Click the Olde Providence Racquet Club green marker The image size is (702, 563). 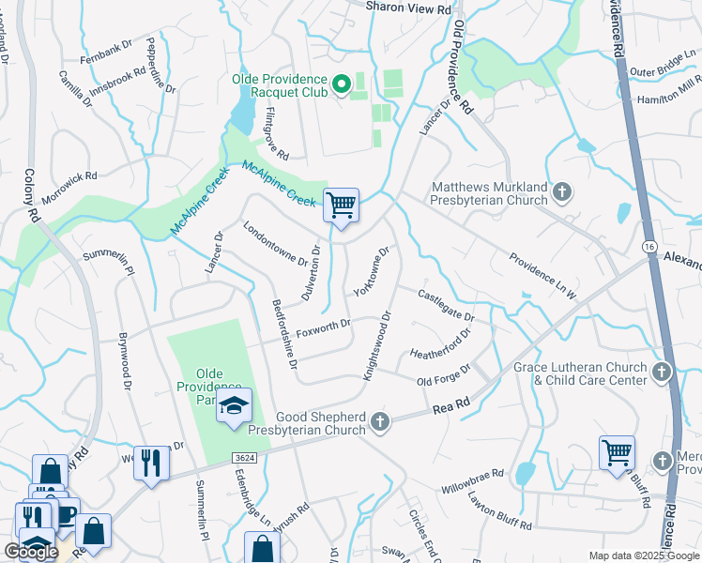(x=343, y=85)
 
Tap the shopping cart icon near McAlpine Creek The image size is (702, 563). (x=341, y=205)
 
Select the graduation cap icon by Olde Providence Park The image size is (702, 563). (x=235, y=406)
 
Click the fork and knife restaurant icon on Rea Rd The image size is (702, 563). (x=148, y=461)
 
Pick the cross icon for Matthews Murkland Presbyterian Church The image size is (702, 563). (x=561, y=193)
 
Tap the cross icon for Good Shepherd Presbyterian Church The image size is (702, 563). (x=380, y=422)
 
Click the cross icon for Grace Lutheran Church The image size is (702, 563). (x=662, y=373)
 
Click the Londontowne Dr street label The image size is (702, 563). (x=269, y=243)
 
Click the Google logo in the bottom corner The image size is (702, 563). (x=31, y=552)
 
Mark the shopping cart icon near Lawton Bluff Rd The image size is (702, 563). (x=617, y=452)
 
